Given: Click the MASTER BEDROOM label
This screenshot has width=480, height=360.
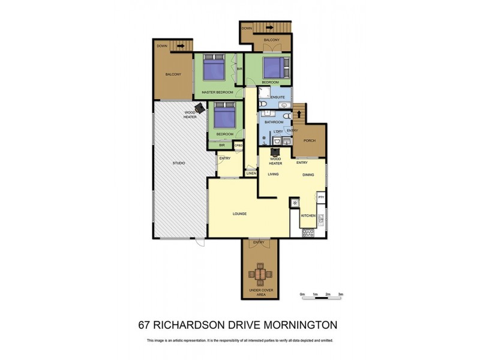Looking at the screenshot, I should coord(217,92).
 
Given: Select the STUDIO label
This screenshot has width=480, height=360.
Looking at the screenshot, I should coord(179,163).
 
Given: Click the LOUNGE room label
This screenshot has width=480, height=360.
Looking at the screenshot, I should coord(240,214).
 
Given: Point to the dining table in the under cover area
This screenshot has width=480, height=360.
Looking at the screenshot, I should coord(259,274).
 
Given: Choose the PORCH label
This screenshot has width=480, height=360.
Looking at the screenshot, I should coord(310,141).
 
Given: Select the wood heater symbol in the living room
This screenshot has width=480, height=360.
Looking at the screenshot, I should coord(276,152).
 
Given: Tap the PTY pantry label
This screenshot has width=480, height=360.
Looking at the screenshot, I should coord(321,197).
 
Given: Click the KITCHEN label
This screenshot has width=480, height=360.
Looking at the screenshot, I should coord(308,215).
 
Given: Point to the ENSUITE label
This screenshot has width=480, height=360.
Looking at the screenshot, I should coord(278,97).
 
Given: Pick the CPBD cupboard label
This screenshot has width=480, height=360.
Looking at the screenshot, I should coord(238,145).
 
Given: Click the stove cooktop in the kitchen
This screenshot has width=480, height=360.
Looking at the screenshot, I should coord(307,233).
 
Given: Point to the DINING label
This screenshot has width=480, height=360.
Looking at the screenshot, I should coord(308,175).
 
